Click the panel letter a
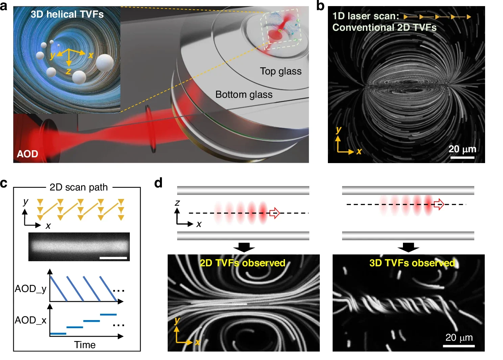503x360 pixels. coord(4,6)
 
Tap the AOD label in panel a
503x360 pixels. coord(27,154)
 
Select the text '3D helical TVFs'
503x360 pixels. coord(67,15)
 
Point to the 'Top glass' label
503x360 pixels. coord(281,71)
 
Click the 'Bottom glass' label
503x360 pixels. coord(244,95)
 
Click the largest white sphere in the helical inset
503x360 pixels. coord(105,63)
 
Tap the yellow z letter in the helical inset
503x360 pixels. coord(69,71)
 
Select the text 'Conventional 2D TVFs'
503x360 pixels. coord(384,27)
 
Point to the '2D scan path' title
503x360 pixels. coord(78,187)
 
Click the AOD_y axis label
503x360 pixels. coord(30,289)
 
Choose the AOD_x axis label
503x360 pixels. coord(30,320)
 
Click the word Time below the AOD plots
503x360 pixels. coord(85,345)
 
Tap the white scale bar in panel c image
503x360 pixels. coord(113,258)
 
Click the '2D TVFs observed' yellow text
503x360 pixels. coord(242,263)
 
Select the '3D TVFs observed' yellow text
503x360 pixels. coord(412,263)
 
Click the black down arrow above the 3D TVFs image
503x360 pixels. coord(408,247)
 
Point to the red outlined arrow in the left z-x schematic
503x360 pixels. coord(274,213)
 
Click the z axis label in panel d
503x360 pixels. coord(177,203)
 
